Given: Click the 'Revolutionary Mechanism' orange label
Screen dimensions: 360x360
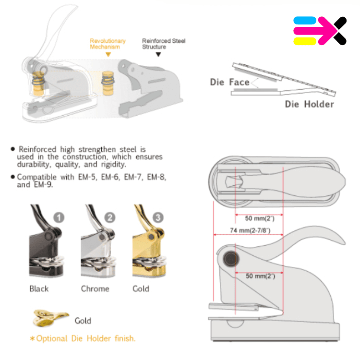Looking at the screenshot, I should pos(108,44).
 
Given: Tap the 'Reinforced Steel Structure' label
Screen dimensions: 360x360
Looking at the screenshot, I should pos(163,44).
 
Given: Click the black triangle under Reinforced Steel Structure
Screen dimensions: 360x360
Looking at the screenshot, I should pos(158,54).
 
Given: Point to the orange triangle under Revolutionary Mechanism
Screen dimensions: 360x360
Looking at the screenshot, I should pos(108,54).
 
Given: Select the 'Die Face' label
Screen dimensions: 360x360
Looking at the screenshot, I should pos(229,82).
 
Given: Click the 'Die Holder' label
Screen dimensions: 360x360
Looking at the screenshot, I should pos(309,104).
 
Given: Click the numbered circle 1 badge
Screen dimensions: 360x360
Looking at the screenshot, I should pos(59,217).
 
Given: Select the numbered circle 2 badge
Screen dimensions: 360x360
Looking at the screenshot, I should pos(110,217).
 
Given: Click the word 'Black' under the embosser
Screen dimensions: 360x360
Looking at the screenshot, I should pos(39,288).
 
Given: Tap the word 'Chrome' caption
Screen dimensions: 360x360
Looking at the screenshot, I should pos(95,288).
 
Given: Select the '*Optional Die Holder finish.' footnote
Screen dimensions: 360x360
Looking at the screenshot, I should pos(83,338).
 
